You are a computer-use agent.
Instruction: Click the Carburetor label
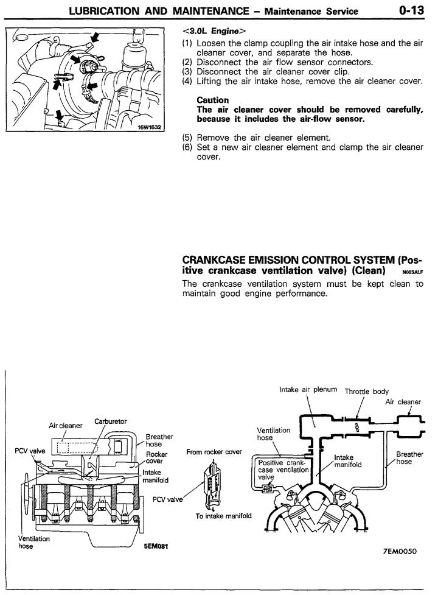pos(109,421)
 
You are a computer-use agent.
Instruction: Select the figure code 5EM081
pos(155,546)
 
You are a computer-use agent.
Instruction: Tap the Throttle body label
pos(367,392)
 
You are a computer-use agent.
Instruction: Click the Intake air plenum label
pos(308,390)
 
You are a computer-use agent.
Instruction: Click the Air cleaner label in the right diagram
pos(403,402)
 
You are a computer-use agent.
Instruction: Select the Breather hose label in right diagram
pos(409,457)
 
